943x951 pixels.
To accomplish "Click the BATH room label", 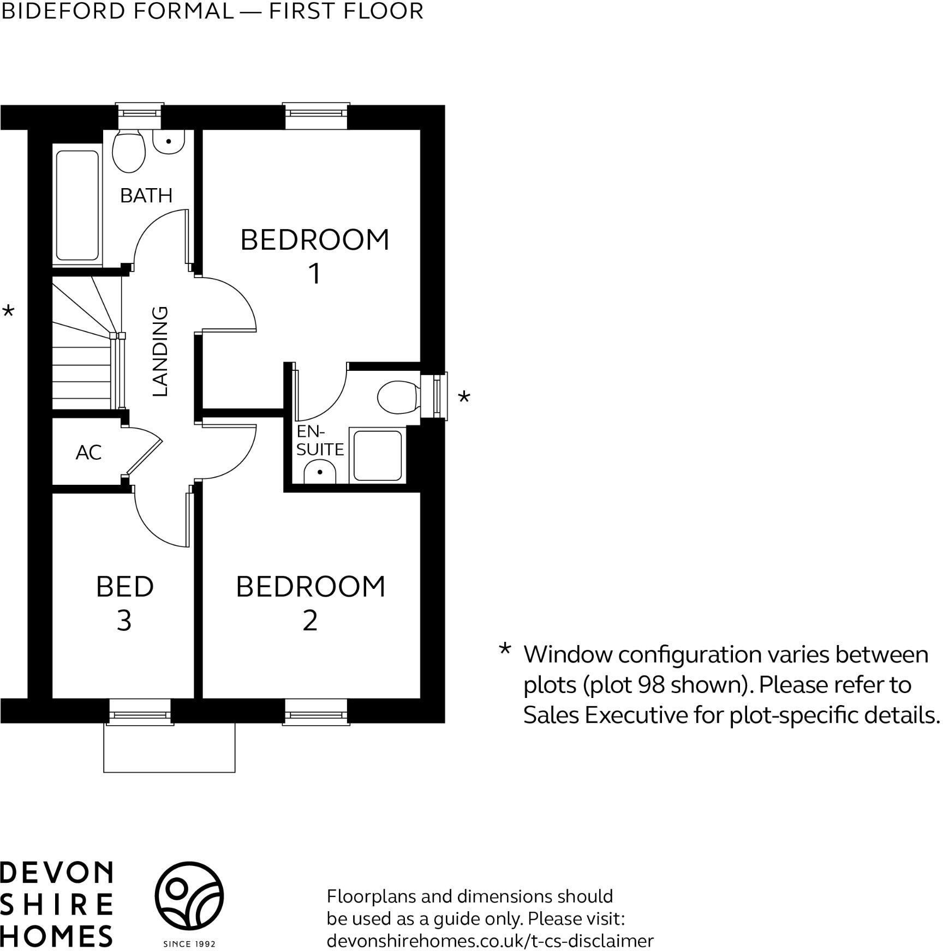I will (x=146, y=195).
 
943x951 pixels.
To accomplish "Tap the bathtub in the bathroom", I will (x=77, y=205).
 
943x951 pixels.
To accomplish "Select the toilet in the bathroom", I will (x=129, y=149).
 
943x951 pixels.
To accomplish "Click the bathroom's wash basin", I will (x=169, y=142).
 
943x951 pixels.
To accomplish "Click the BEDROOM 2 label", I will (x=310, y=603).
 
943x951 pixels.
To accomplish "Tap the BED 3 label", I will (x=124, y=603).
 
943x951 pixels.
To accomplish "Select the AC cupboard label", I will (x=88, y=452).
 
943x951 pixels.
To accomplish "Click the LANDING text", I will (x=159, y=351).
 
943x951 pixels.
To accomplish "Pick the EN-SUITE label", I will (x=319, y=441).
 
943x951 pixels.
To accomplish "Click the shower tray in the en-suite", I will (x=378, y=455).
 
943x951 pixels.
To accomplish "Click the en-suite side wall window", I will (x=440, y=395).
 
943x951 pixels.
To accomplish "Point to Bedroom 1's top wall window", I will (x=316, y=113).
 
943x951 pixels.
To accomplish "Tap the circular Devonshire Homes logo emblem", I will (x=189, y=896).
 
